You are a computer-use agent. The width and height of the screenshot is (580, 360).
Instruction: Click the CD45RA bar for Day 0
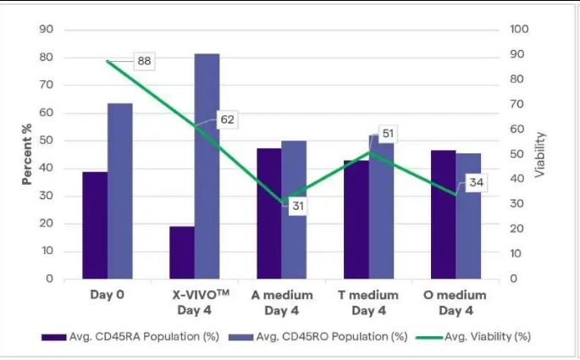click(95, 225)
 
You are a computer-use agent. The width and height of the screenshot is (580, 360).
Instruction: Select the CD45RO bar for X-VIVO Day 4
click(207, 166)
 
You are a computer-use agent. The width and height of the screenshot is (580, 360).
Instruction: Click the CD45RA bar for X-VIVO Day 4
click(182, 252)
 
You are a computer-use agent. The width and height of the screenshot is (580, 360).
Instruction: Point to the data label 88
click(144, 61)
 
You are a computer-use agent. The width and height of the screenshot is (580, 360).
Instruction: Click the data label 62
click(227, 119)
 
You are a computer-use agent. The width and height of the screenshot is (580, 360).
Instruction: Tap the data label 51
click(389, 134)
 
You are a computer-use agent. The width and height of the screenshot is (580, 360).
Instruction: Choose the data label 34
click(475, 183)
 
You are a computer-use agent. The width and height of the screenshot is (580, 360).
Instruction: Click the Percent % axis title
click(27, 153)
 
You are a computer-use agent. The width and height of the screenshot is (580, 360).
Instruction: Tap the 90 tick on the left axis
click(47, 30)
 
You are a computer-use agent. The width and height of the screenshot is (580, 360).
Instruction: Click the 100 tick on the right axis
click(519, 30)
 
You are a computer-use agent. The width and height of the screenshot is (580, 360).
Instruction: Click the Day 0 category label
click(108, 296)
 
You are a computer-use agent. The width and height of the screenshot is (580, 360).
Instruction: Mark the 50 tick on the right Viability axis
click(516, 154)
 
